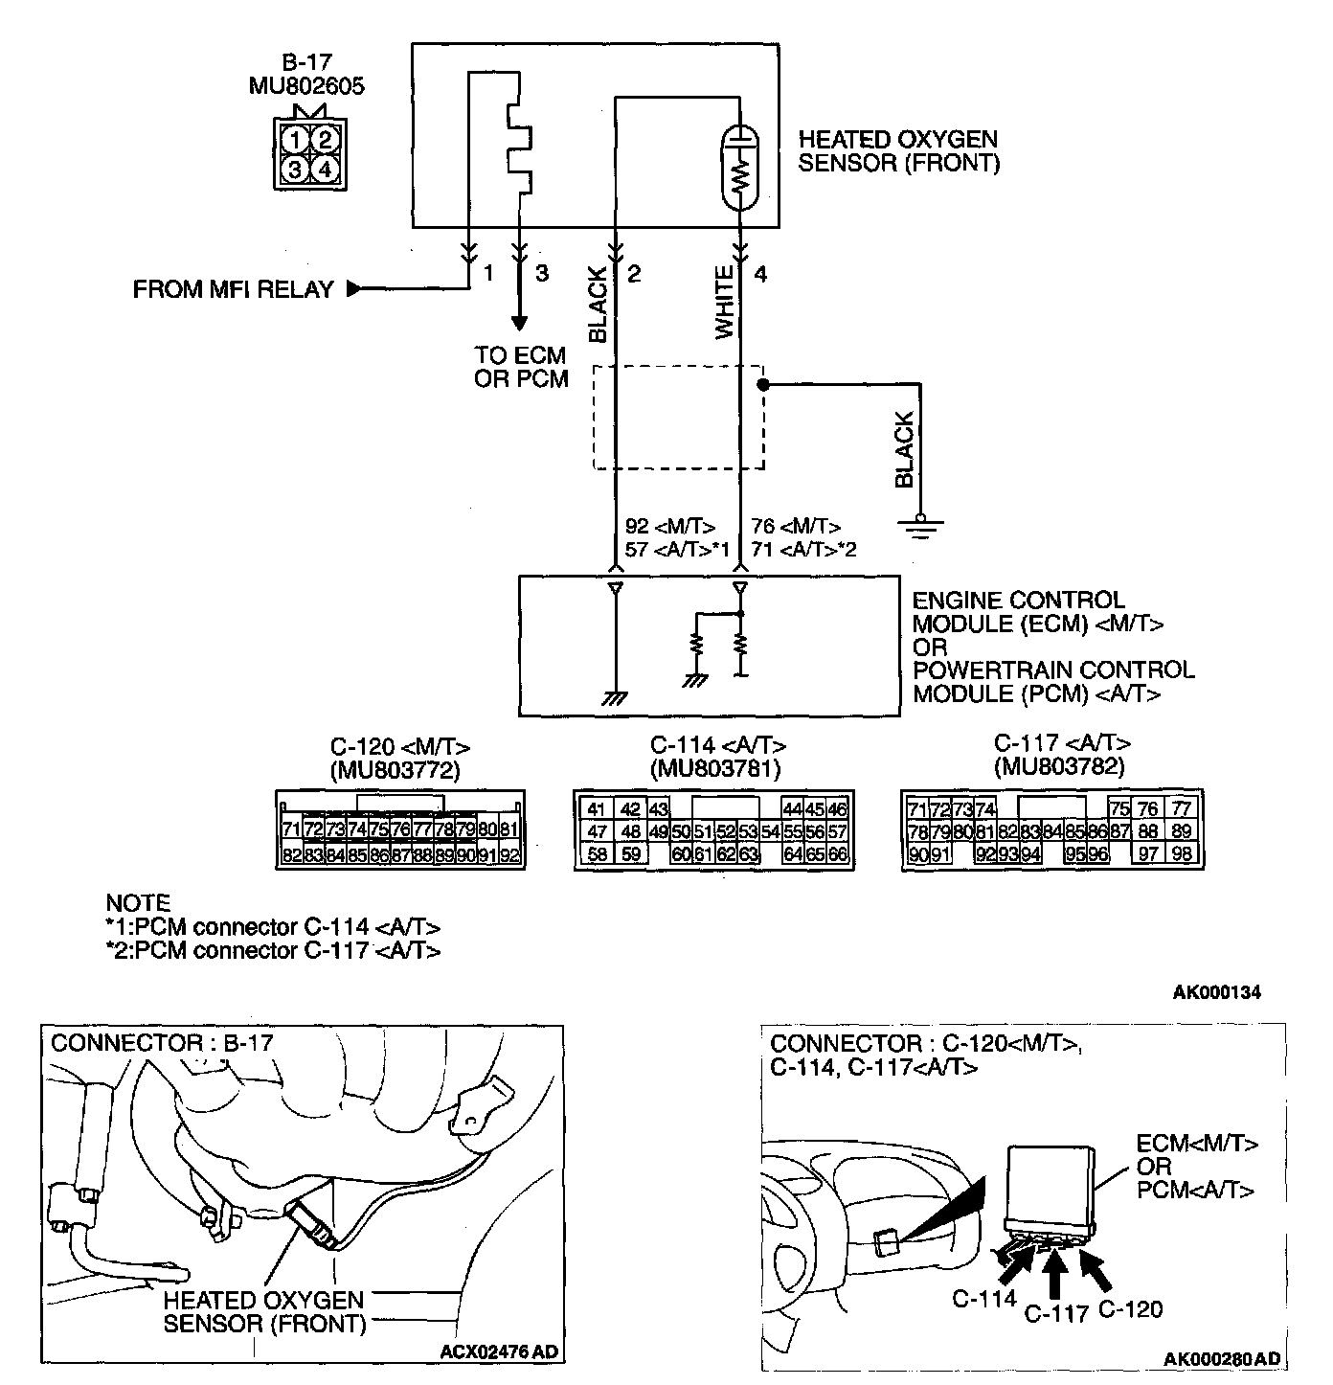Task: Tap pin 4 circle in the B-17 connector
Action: coord(325,170)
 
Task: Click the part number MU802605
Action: coord(306,86)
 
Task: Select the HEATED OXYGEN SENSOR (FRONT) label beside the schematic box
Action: coord(898,151)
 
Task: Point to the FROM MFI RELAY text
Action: coord(234,289)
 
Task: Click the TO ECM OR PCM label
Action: coord(521,368)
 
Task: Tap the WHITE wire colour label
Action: coord(725,303)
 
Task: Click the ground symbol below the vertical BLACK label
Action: coord(920,527)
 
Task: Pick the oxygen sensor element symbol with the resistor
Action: coord(739,169)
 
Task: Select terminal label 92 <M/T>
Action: coord(670,526)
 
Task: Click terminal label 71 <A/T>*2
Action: coord(803,549)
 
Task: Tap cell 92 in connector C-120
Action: coord(509,855)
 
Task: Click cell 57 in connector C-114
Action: coord(838,831)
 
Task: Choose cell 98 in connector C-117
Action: coord(1182,854)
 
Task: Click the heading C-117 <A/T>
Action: coord(1062,743)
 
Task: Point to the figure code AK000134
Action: coord(1216,992)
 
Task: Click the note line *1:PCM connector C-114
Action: coord(273,927)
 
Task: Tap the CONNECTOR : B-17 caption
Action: coord(162,1043)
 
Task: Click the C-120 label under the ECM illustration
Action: coord(1130,1308)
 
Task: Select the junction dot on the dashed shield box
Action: coord(763,385)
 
